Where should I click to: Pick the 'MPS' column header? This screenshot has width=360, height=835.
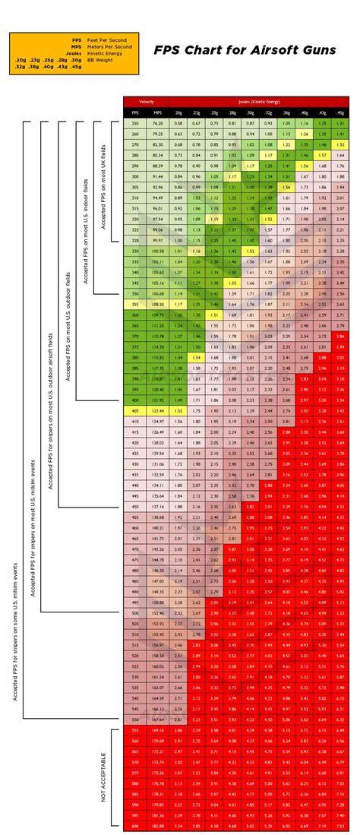(x=157, y=112)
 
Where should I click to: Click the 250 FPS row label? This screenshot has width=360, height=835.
(x=135, y=123)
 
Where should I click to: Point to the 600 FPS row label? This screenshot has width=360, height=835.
(x=135, y=825)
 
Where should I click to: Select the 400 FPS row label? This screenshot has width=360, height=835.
(x=135, y=400)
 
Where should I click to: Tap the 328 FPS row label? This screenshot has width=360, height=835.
(x=135, y=240)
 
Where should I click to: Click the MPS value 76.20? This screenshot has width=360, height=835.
(x=157, y=123)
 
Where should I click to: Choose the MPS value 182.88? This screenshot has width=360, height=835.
(x=157, y=825)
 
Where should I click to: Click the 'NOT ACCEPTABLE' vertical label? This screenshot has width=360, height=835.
(x=103, y=776)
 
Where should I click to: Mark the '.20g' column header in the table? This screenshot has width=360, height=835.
(x=178, y=112)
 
